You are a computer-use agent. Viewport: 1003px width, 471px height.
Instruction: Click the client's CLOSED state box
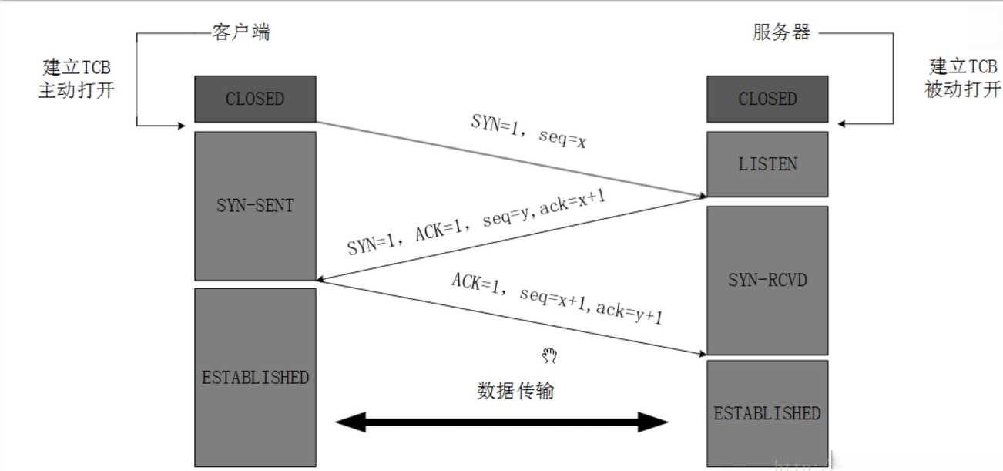click(x=255, y=99)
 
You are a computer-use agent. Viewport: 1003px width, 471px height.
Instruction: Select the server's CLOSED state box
click(x=767, y=99)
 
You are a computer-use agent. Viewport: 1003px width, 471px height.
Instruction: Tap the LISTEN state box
click(x=767, y=163)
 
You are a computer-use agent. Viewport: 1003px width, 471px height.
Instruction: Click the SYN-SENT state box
click(x=255, y=206)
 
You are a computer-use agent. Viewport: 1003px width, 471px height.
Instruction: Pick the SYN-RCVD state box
click(x=767, y=279)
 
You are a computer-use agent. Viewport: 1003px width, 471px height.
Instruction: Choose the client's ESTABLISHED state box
click(x=255, y=377)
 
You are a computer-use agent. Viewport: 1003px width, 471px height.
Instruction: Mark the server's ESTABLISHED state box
click(x=767, y=412)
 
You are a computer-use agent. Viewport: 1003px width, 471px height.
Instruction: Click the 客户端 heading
click(x=241, y=32)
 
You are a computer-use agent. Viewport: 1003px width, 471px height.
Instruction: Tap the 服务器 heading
click(x=781, y=32)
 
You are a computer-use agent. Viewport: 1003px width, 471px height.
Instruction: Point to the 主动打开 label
click(x=77, y=89)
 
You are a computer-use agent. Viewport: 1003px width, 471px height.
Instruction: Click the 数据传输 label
click(x=515, y=391)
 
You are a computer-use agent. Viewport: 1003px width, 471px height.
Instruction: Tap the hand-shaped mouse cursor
click(x=549, y=355)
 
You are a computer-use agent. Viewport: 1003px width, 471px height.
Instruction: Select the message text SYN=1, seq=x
click(x=528, y=132)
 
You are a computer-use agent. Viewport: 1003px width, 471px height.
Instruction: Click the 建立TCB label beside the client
click(x=77, y=67)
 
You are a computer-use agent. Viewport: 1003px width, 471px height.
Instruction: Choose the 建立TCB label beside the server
click(x=963, y=66)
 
